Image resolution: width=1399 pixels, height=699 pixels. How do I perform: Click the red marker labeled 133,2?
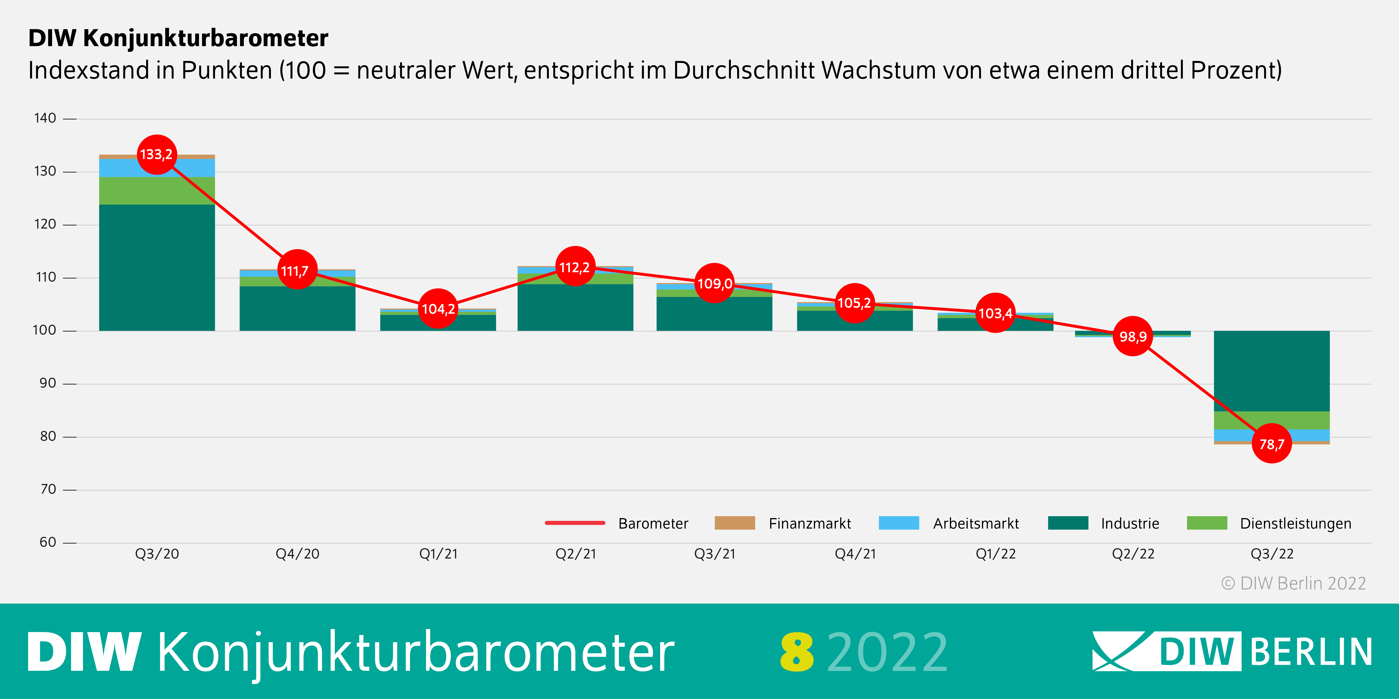pyautogui.click(x=156, y=155)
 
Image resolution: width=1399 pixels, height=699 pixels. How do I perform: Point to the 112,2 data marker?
pyautogui.click(x=575, y=267)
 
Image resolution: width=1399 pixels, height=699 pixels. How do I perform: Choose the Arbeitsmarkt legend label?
pyautogui.click(x=976, y=524)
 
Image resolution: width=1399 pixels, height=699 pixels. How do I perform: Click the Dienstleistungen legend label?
pyautogui.click(x=1295, y=524)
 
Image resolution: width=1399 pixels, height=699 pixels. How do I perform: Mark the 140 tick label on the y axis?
pyautogui.click(x=45, y=118)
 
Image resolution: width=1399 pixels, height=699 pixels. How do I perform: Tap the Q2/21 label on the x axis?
pyautogui.click(x=576, y=554)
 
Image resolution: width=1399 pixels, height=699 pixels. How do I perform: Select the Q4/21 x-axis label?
pyautogui.click(x=855, y=554)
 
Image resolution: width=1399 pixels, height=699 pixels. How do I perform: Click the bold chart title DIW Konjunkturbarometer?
pyautogui.click(x=178, y=38)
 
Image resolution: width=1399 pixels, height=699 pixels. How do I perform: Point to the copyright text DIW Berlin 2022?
pyautogui.click(x=1294, y=583)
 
